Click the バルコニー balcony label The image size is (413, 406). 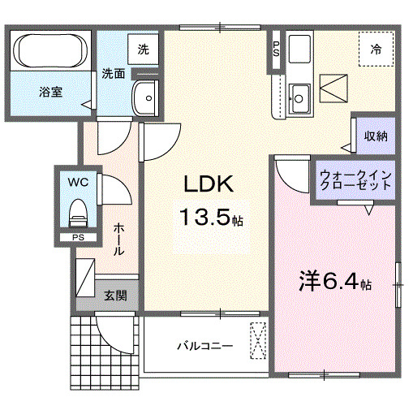204,347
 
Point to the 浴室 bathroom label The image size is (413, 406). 50,92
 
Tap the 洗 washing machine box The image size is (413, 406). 143,49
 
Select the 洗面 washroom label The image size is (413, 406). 112,74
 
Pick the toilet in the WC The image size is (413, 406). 78,214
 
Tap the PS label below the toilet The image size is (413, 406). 78,238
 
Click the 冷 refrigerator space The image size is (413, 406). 376,48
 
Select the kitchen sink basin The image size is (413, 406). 299,97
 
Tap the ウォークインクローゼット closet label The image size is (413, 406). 356,179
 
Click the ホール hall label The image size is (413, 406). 118,240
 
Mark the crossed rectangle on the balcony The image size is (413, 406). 258,340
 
